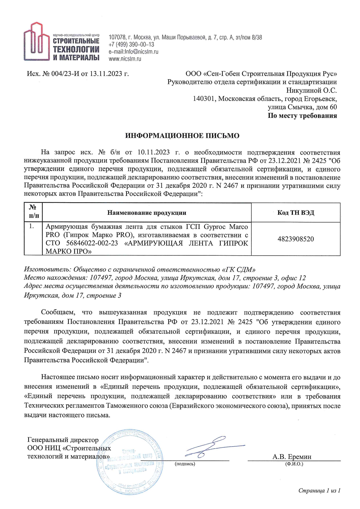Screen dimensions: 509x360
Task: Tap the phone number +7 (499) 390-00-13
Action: (131, 45)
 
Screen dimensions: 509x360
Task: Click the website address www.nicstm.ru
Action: (125, 59)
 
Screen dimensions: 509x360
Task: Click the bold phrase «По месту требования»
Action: (302, 115)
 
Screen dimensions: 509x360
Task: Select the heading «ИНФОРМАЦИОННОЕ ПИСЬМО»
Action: (182, 136)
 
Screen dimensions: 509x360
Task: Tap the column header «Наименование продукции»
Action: (147, 213)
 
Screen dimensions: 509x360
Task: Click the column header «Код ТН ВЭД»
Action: (296, 213)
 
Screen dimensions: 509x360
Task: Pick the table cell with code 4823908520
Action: (296, 239)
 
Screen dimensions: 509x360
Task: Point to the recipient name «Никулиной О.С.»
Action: (312, 90)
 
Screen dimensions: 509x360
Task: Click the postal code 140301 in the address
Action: (204, 99)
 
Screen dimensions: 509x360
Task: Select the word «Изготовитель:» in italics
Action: (47, 269)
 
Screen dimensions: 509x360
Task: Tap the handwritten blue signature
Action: (213, 447)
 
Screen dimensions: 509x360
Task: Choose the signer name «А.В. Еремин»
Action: (292, 456)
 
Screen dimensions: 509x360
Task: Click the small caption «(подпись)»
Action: (185, 464)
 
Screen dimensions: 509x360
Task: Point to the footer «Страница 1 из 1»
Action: (319, 490)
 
